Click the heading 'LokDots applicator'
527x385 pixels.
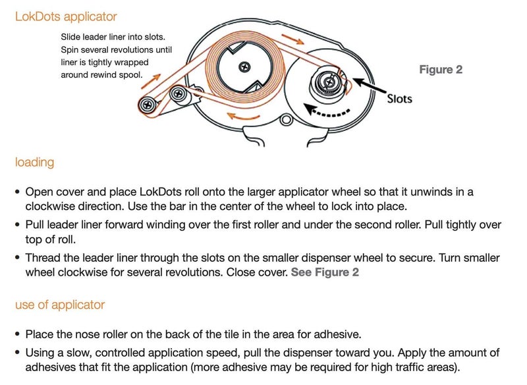(x=66, y=16)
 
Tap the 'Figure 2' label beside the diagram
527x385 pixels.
(x=441, y=70)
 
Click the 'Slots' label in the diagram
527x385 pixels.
(x=399, y=99)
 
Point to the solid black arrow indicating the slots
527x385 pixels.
(x=369, y=86)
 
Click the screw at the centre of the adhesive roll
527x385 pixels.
(x=244, y=67)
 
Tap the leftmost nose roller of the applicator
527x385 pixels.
(x=148, y=105)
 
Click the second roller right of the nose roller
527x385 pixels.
(x=179, y=94)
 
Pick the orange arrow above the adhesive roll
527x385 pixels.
(x=292, y=39)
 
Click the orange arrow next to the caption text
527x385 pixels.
(x=151, y=82)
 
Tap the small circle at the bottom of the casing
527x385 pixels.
(x=287, y=120)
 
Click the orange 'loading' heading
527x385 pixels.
(x=34, y=163)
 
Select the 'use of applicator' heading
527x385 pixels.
(x=60, y=305)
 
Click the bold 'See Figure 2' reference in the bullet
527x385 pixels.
(x=325, y=272)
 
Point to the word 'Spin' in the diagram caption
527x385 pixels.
(x=70, y=50)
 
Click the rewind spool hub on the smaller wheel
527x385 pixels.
(x=327, y=82)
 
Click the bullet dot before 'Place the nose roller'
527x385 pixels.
(x=18, y=334)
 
